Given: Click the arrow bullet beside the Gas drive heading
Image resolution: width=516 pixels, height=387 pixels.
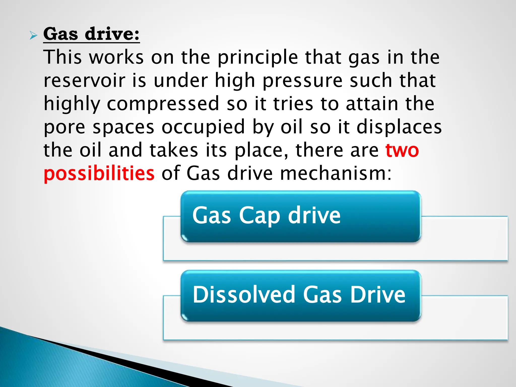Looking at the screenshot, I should click(33, 36).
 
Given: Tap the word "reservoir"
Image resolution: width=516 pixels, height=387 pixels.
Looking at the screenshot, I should click(84, 81).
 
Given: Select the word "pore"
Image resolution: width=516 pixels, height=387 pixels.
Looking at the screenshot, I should click(64, 127).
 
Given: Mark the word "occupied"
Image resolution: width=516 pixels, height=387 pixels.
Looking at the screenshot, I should click(203, 127).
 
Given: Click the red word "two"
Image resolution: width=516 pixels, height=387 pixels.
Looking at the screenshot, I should click(402, 150).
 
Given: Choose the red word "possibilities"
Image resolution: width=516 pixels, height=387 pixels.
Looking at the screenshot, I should click(99, 174).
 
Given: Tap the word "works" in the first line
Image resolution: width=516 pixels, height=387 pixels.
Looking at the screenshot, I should click(116, 58).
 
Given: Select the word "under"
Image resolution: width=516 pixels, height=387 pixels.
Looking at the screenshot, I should click(181, 81).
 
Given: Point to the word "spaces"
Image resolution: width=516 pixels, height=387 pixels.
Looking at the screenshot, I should click(123, 127).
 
